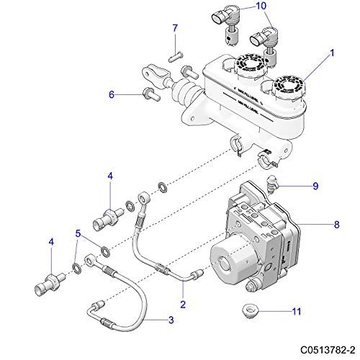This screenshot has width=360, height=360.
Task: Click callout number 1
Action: pyautogui.click(x=332, y=53)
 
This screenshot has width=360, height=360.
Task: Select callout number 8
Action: pyautogui.click(x=336, y=225)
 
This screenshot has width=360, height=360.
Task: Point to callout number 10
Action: pyautogui.click(x=240, y=6)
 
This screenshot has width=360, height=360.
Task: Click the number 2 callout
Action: pyautogui.click(x=182, y=304)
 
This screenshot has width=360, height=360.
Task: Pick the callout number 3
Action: pyautogui.click(x=171, y=320)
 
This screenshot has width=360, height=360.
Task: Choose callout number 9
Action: pyautogui.click(x=315, y=186)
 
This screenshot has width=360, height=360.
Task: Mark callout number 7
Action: pyautogui.click(x=174, y=28)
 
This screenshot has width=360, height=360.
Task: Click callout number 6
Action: pyautogui.click(x=112, y=94)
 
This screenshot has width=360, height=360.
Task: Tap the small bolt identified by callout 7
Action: pyautogui.click(x=174, y=54)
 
